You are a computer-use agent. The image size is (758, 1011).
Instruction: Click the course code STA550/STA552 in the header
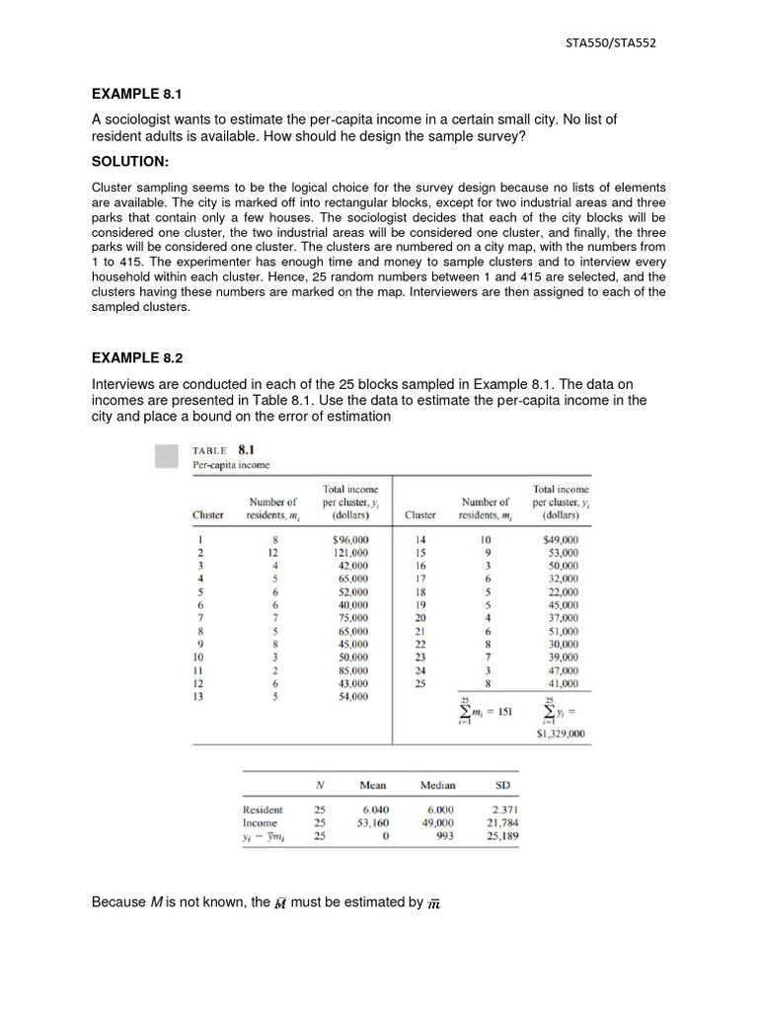[611, 43]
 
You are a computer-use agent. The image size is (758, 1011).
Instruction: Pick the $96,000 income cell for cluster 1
[350, 540]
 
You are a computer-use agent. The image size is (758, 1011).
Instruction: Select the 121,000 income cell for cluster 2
[351, 553]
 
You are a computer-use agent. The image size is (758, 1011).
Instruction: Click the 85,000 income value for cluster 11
[353, 669]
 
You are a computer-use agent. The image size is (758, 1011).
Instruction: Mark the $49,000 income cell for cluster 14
[561, 540]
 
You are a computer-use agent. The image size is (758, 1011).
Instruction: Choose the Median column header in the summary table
[437, 785]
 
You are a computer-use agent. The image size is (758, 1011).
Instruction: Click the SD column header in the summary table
[502, 785]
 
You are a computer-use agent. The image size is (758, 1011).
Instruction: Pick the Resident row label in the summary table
[263, 809]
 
